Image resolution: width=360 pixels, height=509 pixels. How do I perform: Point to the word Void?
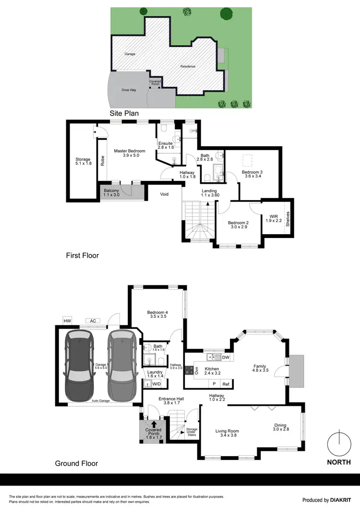pos(165,194)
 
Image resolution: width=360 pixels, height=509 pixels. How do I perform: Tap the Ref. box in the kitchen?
pos(226,384)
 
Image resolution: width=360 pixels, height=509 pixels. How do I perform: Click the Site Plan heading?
pos(124,114)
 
